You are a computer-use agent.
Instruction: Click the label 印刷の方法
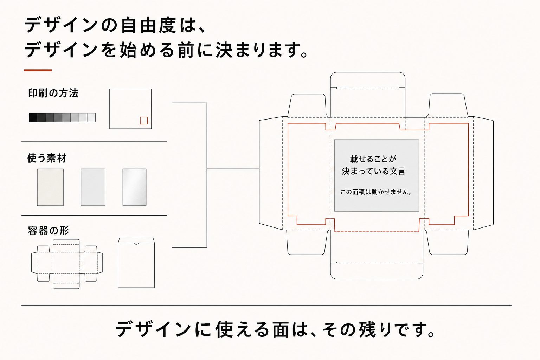point(53,93)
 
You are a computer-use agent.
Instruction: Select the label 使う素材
point(47,159)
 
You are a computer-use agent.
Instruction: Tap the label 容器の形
point(48,231)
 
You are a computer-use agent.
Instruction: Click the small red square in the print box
point(144,121)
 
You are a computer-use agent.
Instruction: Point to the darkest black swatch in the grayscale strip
point(33,117)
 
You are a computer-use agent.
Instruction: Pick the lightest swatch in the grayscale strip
point(91,117)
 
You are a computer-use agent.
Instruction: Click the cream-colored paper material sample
point(50,187)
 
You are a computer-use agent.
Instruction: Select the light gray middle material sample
point(93,187)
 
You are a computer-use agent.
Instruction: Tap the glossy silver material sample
point(134,187)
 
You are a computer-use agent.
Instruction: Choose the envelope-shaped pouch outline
point(136,262)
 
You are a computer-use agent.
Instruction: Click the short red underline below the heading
point(38,70)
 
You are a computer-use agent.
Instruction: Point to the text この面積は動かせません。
point(376,192)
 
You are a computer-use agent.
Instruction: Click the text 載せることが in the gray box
point(373,159)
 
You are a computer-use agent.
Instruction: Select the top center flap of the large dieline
point(368,95)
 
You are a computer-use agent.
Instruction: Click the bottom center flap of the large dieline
point(377,255)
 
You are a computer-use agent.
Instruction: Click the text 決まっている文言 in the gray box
point(373,171)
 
